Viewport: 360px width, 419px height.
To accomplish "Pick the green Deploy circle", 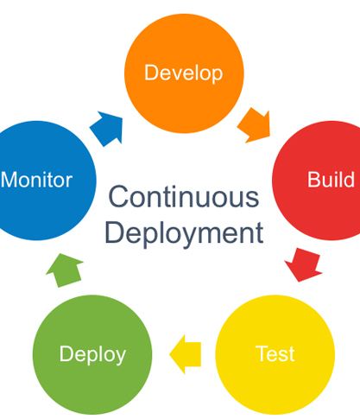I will tap(92, 353).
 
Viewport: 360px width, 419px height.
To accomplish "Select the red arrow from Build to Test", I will tap(303, 263).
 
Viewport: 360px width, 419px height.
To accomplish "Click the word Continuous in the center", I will tap(183, 197).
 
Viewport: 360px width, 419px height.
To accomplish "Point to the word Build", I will tap(331, 180).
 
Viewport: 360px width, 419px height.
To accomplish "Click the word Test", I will tap(275, 353).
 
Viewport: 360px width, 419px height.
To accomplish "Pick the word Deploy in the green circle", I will tap(92, 353).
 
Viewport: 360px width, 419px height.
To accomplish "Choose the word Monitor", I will tap(36, 180).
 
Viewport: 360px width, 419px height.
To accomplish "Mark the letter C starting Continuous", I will tap(117, 197).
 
